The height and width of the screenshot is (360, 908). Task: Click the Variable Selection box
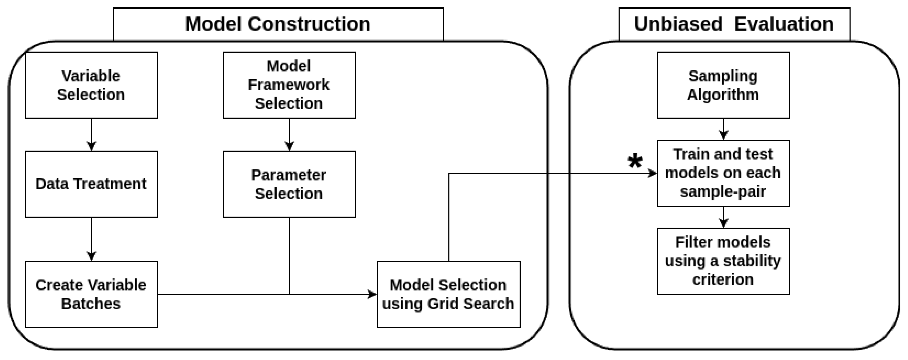click(x=91, y=85)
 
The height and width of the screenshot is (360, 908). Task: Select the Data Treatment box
click(x=91, y=184)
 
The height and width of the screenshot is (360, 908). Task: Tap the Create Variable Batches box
click(x=91, y=294)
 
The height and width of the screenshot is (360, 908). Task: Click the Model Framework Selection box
click(x=289, y=85)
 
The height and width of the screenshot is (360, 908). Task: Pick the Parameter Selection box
click(x=289, y=184)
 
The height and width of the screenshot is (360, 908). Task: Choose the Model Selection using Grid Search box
click(x=448, y=294)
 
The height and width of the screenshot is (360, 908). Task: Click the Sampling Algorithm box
click(x=723, y=85)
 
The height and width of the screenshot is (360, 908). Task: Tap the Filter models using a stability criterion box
click(x=723, y=261)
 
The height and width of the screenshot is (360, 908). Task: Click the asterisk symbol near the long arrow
click(x=635, y=162)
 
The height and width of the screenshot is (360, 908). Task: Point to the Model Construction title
click(x=278, y=24)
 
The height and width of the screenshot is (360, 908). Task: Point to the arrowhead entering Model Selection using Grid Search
click(x=372, y=294)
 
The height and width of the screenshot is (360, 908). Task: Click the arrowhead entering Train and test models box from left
click(x=653, y=173)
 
